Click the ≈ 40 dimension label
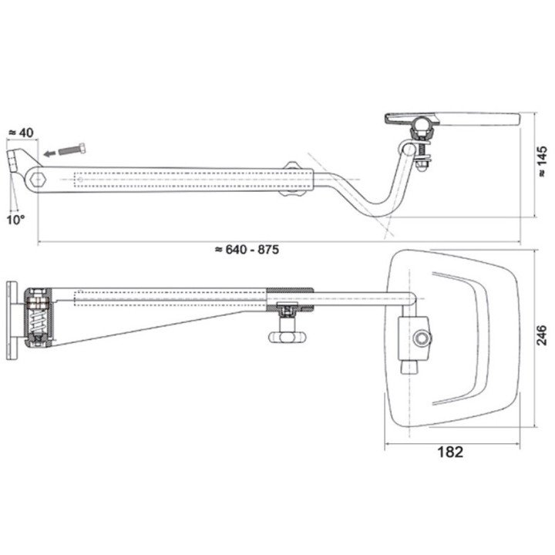point(21,133)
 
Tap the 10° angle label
point(15,220)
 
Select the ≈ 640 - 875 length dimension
point(247,250)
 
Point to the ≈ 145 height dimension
point(542,162)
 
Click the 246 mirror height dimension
point(542,336)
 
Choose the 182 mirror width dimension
point(450,452)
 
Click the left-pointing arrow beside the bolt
point(50,153)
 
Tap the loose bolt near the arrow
point(72,149)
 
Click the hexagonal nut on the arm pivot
point(38,180)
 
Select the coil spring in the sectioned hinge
point(38,323)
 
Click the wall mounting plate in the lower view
point(12,321)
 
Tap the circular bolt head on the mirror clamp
point(422,338)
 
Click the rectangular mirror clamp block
point(414,338)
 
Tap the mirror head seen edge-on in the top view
point(452,119)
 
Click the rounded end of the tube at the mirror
point(411,299)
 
